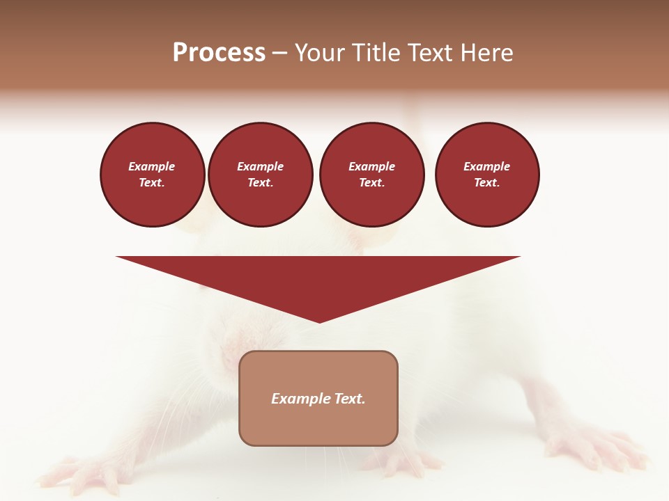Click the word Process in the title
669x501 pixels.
coord(219,53)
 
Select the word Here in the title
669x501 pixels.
coord(487,53)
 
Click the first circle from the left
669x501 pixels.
coord(153,174)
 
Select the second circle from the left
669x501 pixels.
coord(261,174)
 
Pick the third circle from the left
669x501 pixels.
coord(372,174)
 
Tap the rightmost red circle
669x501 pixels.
coord(487,174)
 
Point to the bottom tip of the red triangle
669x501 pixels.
coord(319,321)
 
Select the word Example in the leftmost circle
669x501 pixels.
coord(152,166)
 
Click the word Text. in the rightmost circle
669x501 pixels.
coord(487,182)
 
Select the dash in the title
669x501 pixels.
coord(280,53)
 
